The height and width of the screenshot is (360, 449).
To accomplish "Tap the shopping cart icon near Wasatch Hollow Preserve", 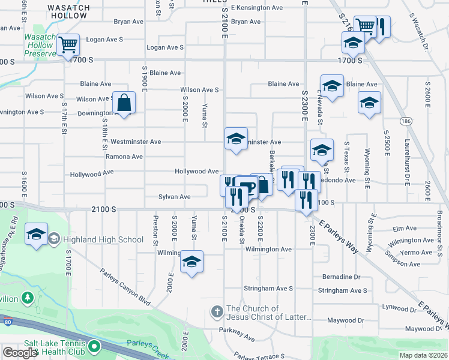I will (68, 44).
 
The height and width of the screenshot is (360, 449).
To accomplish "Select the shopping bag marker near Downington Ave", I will (124, 103).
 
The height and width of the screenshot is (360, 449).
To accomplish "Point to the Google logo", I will (19, 353).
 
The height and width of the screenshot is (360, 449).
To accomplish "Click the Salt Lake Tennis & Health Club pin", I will (94, 346).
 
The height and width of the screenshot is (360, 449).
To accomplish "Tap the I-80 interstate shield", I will (8, 322).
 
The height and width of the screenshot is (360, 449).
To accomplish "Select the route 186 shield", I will (407, 121).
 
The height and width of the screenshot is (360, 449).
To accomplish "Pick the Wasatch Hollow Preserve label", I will (40, 45).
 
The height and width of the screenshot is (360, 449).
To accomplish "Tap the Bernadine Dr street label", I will (341, 277).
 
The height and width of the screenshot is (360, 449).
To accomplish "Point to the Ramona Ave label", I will (124, 157).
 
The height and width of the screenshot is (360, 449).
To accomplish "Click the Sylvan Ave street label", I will (175, 197).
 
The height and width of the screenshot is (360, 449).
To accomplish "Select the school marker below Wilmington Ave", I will (192, 262).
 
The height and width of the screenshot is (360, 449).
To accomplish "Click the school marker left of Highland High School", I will (36, 234).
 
